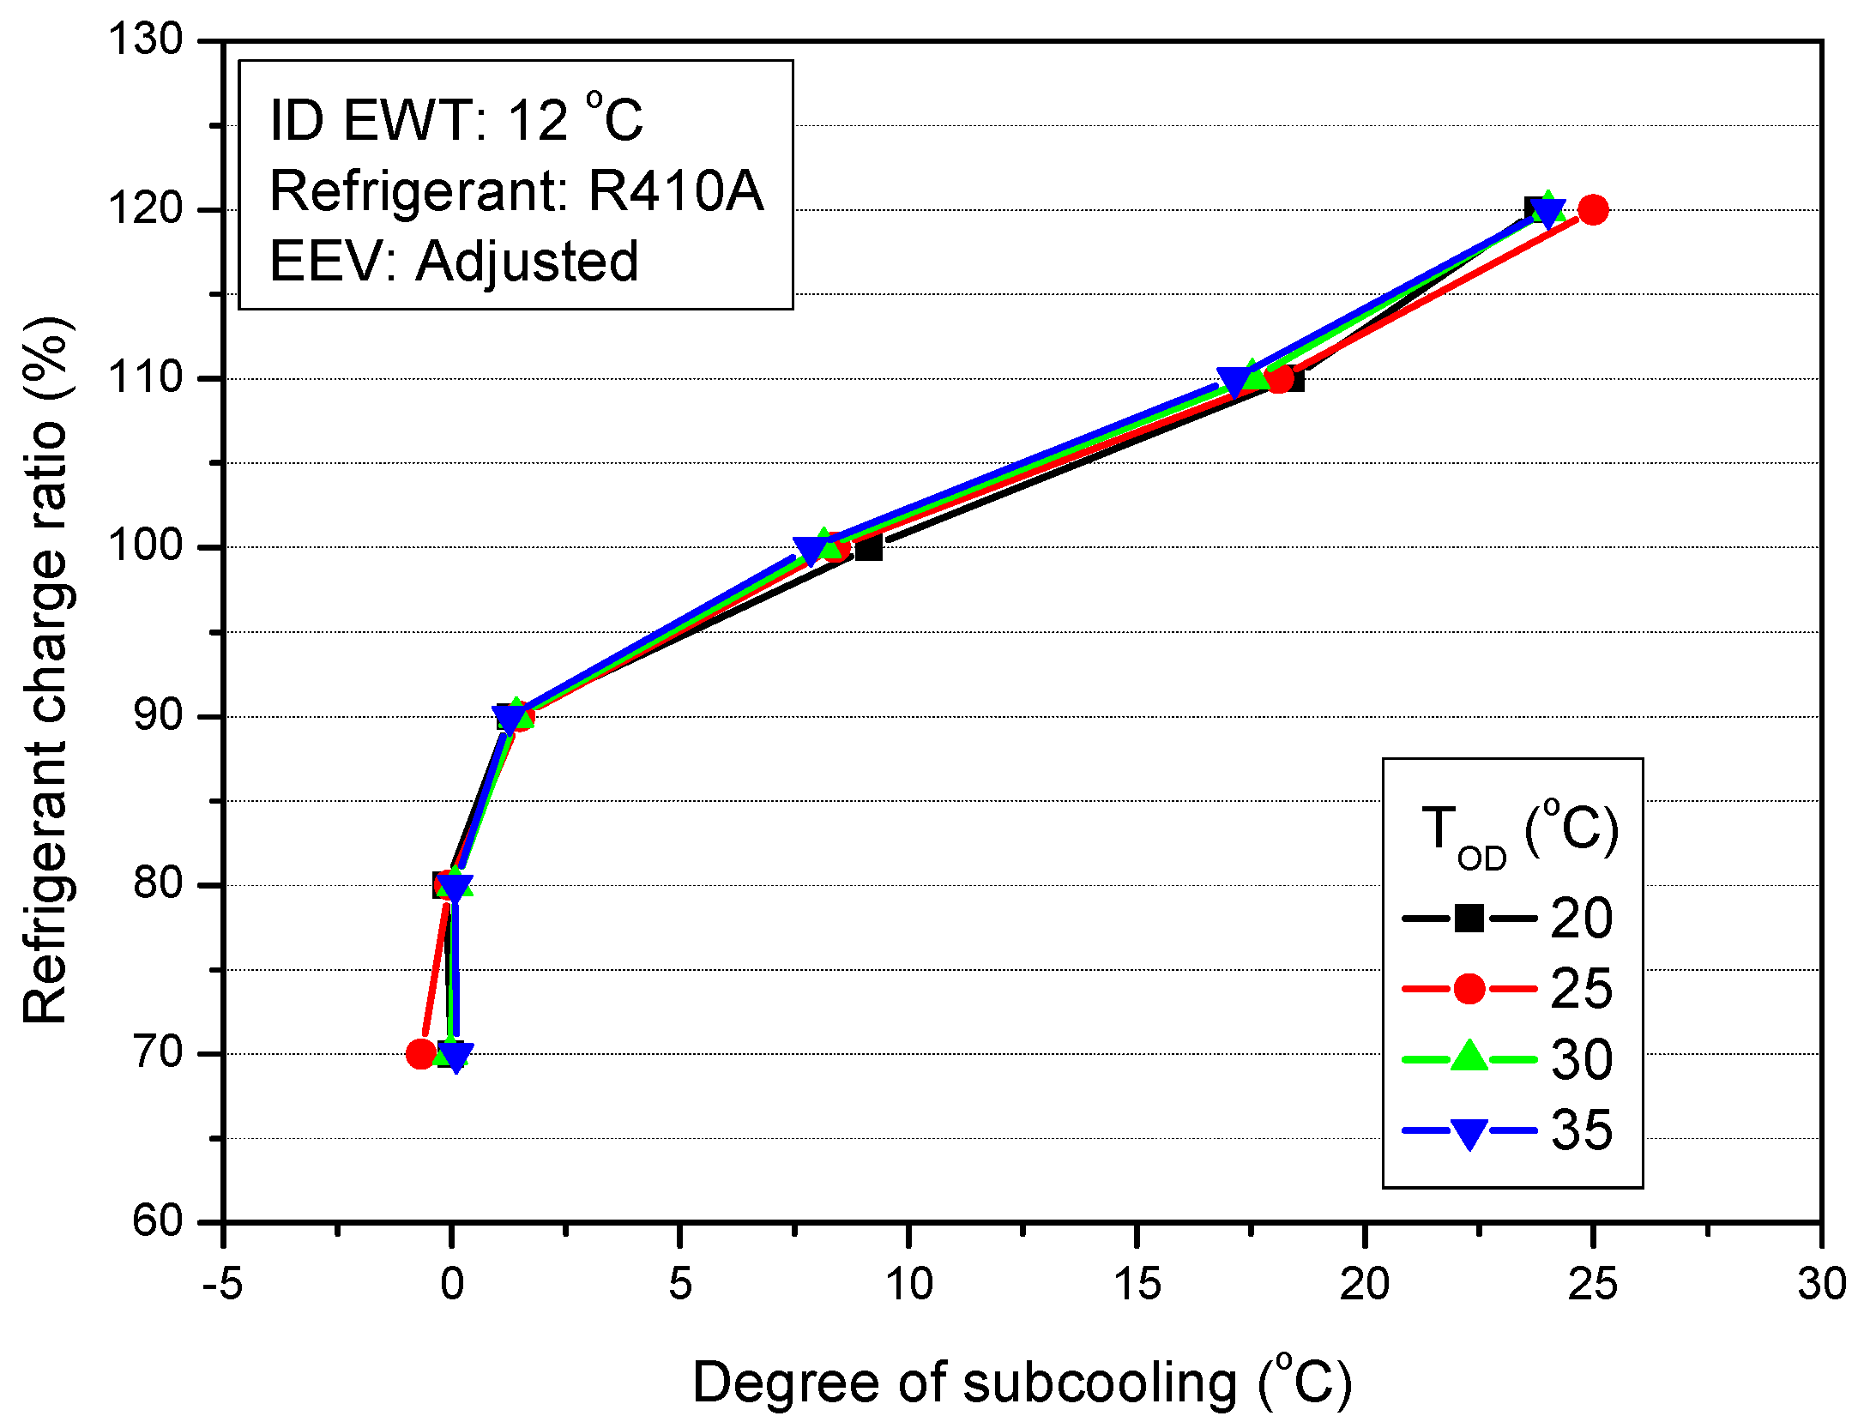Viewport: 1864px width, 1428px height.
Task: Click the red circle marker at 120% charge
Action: (x=1593, y=209)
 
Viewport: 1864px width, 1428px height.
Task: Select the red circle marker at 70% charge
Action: (x=420, y=1053)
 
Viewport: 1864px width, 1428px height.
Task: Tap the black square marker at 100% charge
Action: (x=869, y=547)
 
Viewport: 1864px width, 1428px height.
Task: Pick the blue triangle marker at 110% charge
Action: (x=1234, y=383)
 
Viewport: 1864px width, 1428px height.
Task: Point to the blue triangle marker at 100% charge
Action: (x=810, y=550)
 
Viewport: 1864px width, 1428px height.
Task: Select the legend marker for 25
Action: (x=1469, y=989)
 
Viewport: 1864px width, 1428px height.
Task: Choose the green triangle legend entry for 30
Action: (x=1469, y=1057)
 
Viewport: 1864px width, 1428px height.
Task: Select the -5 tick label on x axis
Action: (x=223, y=1284)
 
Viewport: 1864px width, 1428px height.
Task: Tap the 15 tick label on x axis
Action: (x=1137, y=1284)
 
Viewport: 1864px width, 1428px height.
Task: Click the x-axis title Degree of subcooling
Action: (x=1022, y=1383)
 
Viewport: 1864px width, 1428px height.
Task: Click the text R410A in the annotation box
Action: (x=675, y=190)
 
